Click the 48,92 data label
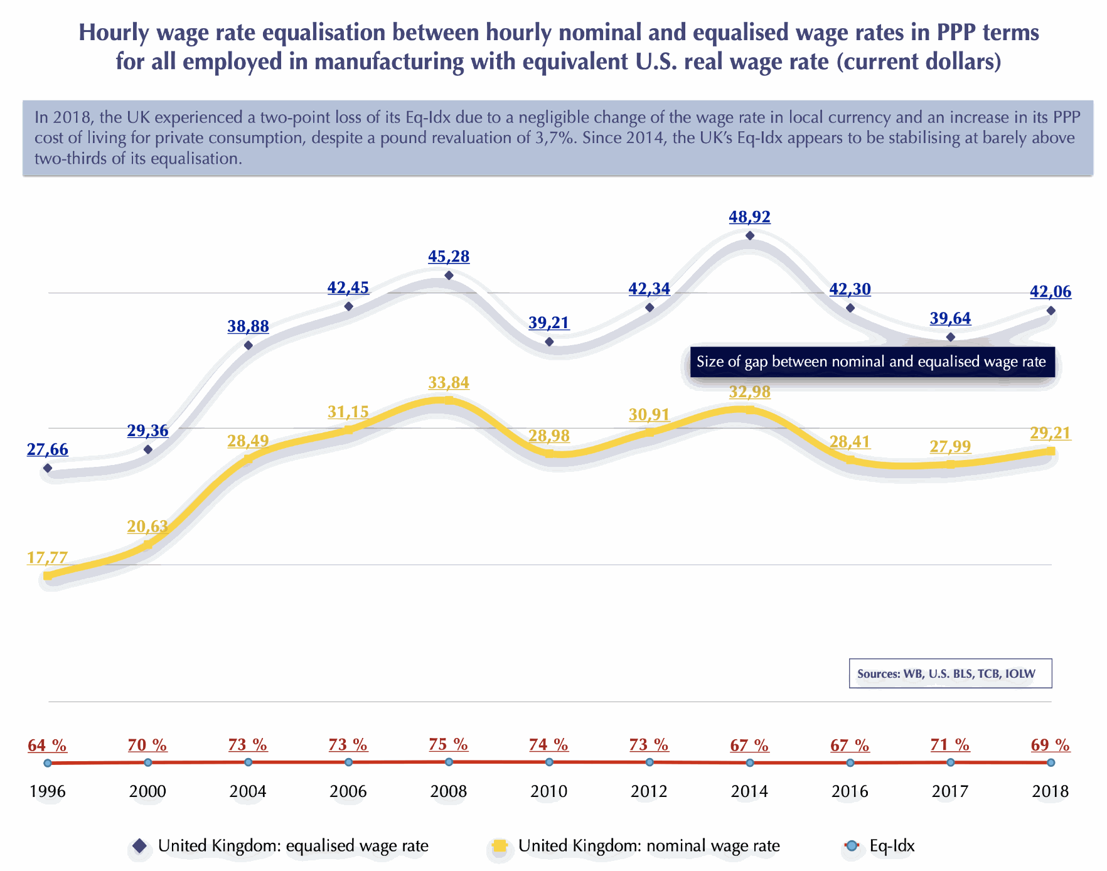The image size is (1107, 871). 749,217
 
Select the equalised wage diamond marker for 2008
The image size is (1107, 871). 449,275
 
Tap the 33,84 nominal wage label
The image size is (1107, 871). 449,383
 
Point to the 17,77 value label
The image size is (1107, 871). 47,558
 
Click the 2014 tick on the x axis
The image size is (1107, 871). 749,791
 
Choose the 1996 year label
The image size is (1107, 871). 47,791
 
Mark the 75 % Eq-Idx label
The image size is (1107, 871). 449,745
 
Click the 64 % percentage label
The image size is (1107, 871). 47,745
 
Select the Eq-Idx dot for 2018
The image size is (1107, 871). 1051,762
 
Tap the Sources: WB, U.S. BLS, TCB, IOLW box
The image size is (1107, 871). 950,674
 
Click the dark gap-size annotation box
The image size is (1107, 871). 872,362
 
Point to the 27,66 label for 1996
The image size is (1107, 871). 47,450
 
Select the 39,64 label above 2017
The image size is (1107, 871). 950,319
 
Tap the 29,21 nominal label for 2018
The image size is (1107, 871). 1051,433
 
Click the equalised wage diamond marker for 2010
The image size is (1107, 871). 549,342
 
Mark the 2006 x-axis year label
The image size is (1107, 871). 348,791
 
